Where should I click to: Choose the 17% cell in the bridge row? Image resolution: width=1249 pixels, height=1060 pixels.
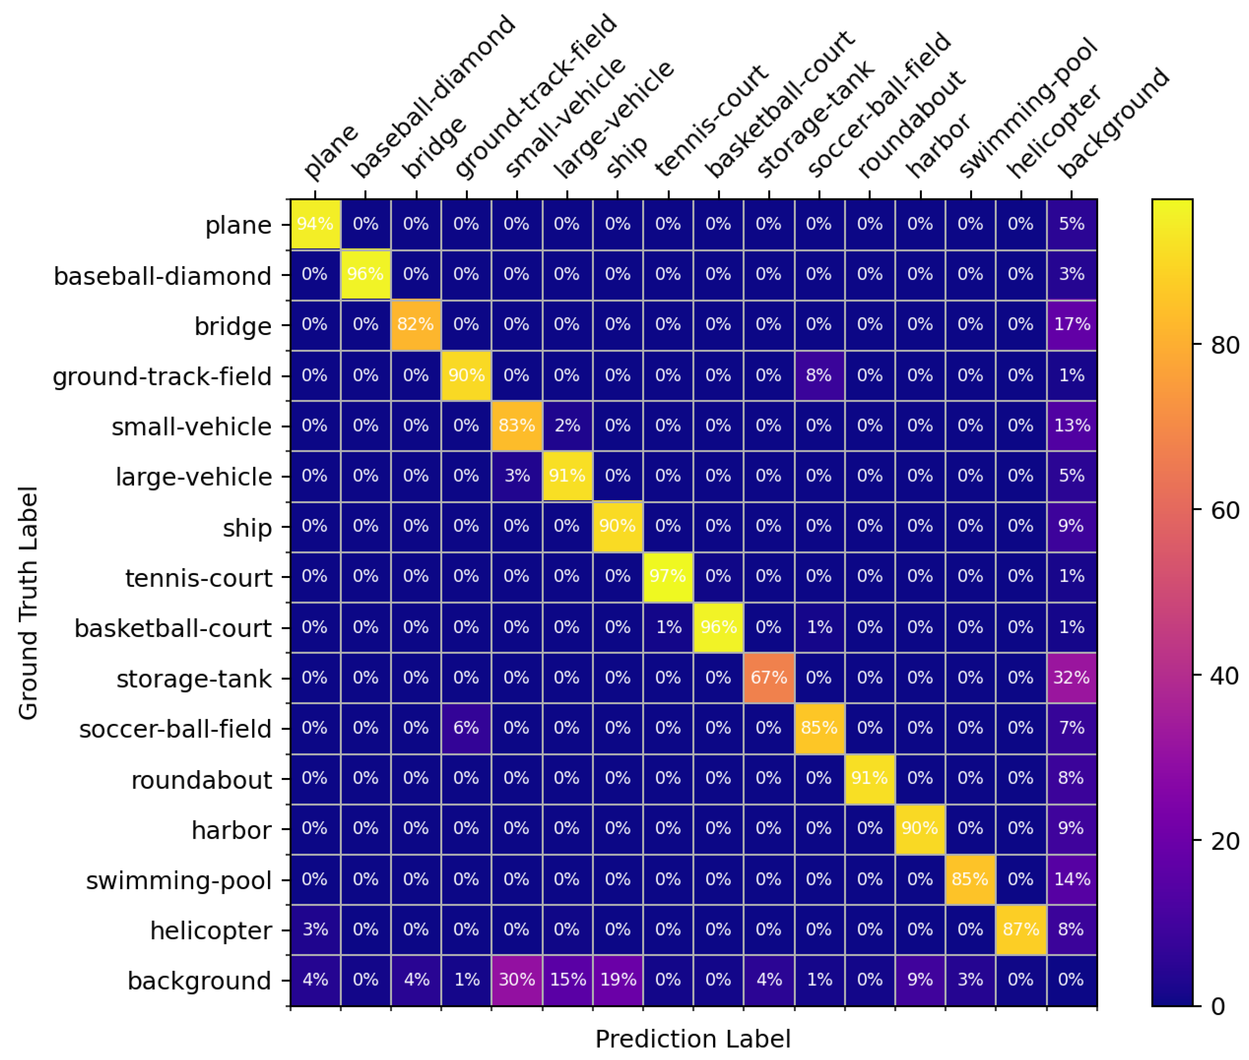pyautogui.click(x=1071, y=325)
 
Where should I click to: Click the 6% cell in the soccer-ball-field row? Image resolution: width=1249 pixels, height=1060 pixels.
pyautogui.click(x=466, y=727)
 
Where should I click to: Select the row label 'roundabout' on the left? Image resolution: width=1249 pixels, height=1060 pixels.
pyautogui.click(x=202, y=779)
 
